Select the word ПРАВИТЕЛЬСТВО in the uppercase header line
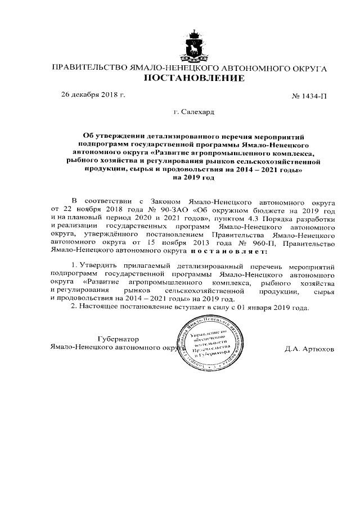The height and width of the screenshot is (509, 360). tap(88, 68)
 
